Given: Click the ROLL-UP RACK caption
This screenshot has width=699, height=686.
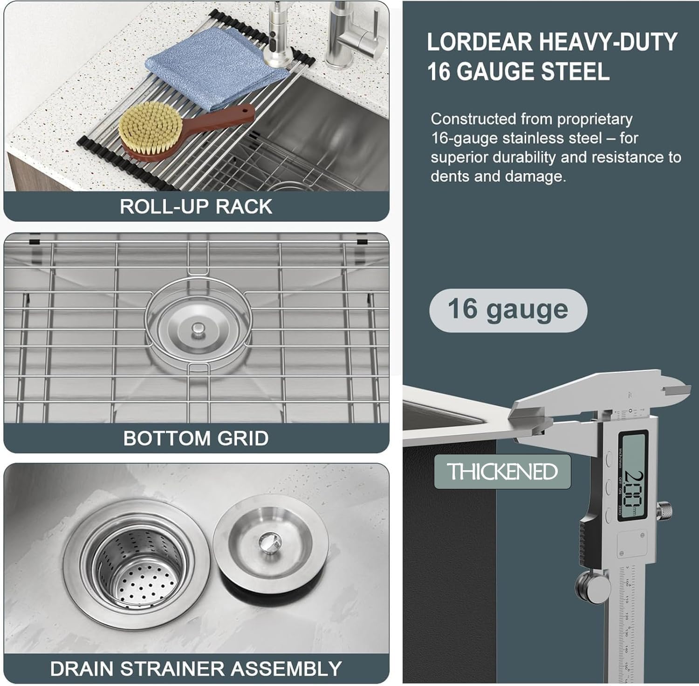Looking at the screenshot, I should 196,206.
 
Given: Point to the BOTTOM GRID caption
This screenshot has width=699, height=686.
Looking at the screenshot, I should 196,438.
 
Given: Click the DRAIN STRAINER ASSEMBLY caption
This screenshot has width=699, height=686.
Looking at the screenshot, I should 196,669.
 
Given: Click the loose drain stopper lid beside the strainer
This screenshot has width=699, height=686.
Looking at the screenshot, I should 270,545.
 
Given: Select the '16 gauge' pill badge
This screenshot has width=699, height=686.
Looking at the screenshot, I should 508,310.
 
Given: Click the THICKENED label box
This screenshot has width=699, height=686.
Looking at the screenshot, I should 502,472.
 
